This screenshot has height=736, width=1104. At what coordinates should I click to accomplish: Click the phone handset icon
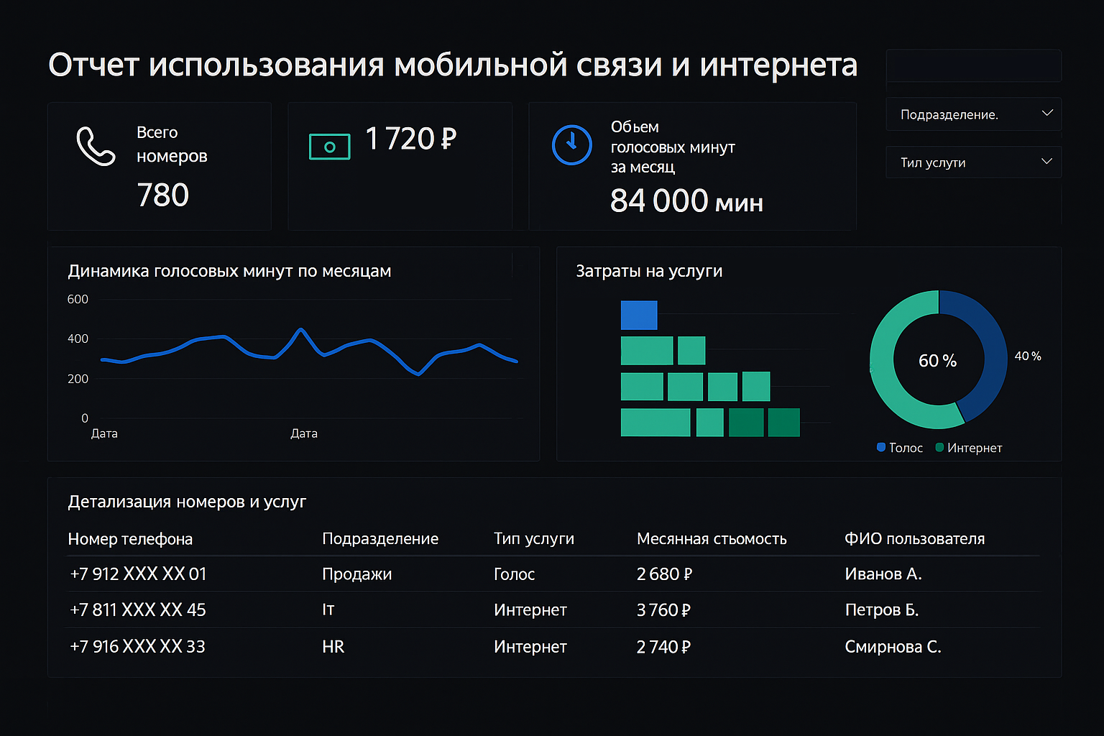coord(96,146)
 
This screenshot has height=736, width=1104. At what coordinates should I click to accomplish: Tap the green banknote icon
coord(329,147)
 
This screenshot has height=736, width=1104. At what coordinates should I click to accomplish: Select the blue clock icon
coord(571,144)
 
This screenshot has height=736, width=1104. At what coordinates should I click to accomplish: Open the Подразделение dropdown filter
coord(973,114)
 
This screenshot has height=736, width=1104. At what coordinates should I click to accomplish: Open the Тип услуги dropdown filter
coord(973,162)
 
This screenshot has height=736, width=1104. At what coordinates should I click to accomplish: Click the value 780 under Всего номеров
coord(163,195)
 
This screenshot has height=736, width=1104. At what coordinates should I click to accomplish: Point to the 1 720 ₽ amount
coord(410,139)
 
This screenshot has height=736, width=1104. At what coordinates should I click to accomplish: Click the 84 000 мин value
coord(686,201)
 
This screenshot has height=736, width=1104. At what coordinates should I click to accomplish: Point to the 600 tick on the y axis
coord(78,299)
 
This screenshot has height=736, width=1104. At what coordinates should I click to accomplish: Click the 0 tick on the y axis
coord(85,418)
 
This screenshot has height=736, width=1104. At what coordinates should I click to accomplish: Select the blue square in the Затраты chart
coord(639,315)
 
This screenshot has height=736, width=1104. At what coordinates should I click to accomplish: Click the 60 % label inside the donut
coord(937,361)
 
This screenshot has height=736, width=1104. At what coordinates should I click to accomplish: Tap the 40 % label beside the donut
coord(1027,356)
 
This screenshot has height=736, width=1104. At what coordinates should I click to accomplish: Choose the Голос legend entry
coord(900,448)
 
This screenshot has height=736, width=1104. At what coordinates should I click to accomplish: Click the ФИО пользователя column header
coord(914,539)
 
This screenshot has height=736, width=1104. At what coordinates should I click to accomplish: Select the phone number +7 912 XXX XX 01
coord(138,574)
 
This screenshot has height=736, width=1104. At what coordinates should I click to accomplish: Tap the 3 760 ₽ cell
coord(663,610)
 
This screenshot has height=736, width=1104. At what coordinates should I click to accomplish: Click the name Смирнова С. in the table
coord(893,647)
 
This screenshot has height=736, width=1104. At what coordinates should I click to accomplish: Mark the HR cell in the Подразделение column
coord(333,647)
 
